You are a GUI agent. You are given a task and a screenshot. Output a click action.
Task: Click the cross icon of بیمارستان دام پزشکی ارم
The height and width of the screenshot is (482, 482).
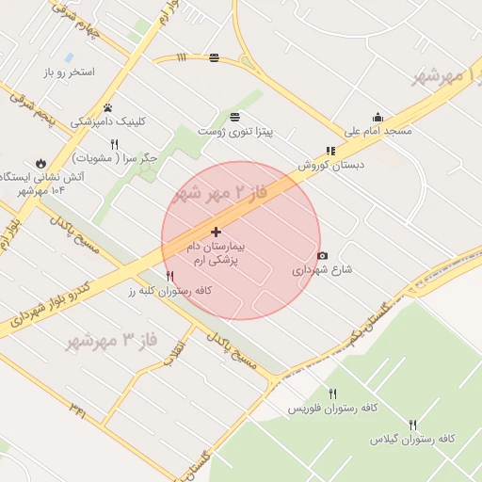(217, 232)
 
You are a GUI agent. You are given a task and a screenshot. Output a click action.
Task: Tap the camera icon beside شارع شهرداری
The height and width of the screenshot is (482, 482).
(323, 255)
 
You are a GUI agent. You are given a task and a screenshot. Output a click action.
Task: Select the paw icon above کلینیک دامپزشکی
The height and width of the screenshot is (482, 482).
(108, 107)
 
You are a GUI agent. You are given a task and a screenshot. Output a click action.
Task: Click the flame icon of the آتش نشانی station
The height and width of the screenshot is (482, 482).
(40, 163)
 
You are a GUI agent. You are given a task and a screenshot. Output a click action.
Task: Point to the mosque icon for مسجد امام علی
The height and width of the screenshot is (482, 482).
(378, 117)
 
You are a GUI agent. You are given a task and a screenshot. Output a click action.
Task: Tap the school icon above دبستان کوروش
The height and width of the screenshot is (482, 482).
(330, 151)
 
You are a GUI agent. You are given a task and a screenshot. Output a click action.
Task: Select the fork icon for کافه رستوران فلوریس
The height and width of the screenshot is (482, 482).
(332, 394)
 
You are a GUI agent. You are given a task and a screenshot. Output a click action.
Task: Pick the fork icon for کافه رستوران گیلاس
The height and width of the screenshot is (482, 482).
(412, 425)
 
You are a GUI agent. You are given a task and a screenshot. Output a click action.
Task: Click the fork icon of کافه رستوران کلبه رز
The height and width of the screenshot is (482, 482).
(170, 277)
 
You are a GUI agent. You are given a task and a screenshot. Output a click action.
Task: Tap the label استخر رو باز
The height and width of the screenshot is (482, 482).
(69, 72)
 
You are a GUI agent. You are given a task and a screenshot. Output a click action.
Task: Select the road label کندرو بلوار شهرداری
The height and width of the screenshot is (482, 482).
(57, 301)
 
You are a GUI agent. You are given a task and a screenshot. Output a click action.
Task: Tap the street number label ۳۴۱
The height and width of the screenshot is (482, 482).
(79, 409)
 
